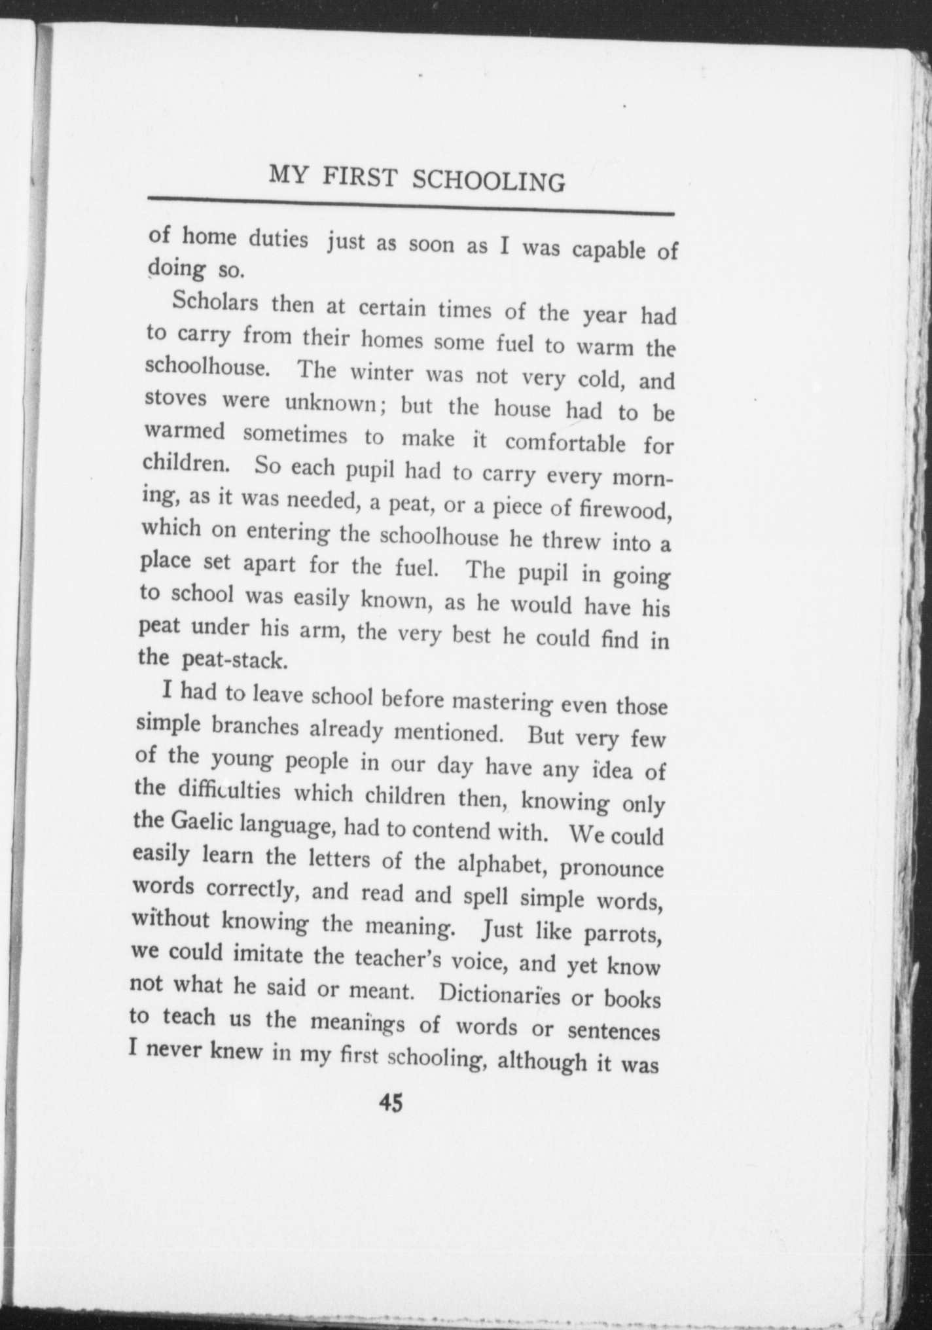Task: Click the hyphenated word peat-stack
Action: click(234, 660)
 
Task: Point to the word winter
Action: click(383, 373)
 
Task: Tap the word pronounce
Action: click(612, 869)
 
